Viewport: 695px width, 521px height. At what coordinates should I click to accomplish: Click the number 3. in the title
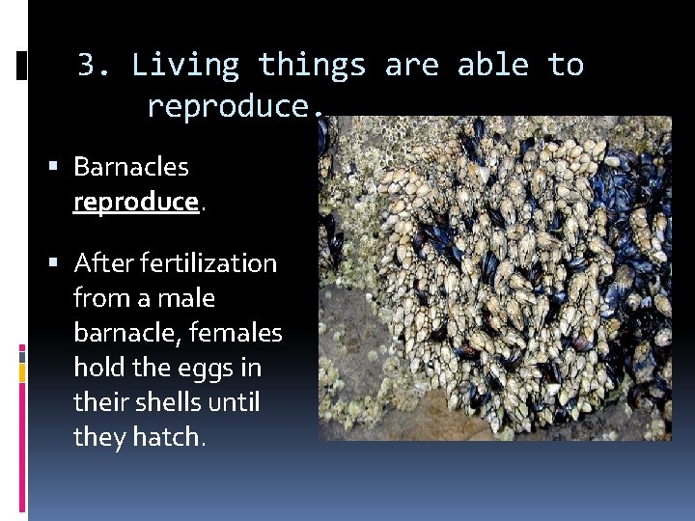point(95,66)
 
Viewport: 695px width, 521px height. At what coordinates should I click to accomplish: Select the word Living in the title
point(184,66)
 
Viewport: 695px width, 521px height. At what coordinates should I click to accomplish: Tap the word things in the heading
point(312,66)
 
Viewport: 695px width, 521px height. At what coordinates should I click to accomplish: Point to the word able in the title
point(493,66)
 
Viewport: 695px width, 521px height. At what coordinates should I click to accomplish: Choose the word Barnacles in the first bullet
point(130,167)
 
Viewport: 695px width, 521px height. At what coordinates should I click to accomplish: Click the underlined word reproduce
point(135,202)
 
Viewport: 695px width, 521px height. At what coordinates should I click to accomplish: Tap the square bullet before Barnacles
point(61,167)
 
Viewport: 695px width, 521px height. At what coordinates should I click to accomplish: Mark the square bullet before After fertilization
point(61,263)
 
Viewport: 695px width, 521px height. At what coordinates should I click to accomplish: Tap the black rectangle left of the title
point(22,65)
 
